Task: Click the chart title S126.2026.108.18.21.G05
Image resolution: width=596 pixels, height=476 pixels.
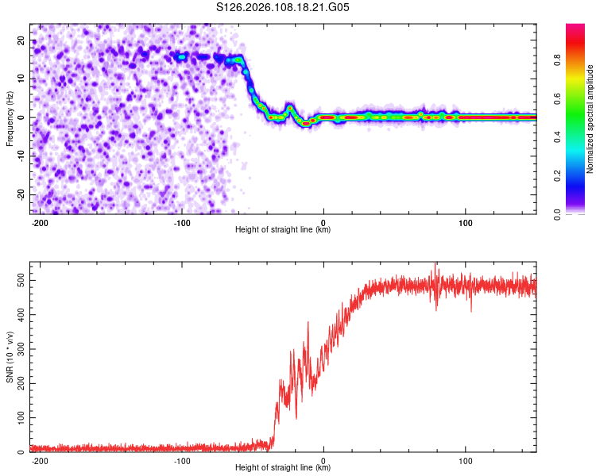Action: point(284,8)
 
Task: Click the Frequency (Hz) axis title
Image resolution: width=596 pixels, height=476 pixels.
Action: point(10,118)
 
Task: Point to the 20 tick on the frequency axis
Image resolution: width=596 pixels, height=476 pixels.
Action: point(21,40)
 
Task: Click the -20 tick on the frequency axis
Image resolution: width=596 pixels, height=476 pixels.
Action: point(20,194)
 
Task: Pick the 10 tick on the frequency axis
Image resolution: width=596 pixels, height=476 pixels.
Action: point(21,79)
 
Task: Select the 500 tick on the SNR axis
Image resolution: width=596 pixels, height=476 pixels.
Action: point(18,281)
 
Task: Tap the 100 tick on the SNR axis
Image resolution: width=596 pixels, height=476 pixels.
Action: point(18,417)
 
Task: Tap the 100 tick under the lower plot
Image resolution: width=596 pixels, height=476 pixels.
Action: point(465,460)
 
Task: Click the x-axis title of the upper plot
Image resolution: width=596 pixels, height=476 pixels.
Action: point(283,230)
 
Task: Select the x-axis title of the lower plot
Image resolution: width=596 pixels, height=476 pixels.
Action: point(283,468)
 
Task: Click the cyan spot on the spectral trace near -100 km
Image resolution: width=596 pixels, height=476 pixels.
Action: point(182,57)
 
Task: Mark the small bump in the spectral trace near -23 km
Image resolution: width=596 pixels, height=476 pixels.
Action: point(290,106)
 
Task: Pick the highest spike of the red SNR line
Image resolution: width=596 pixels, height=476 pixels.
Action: point(435,267)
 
